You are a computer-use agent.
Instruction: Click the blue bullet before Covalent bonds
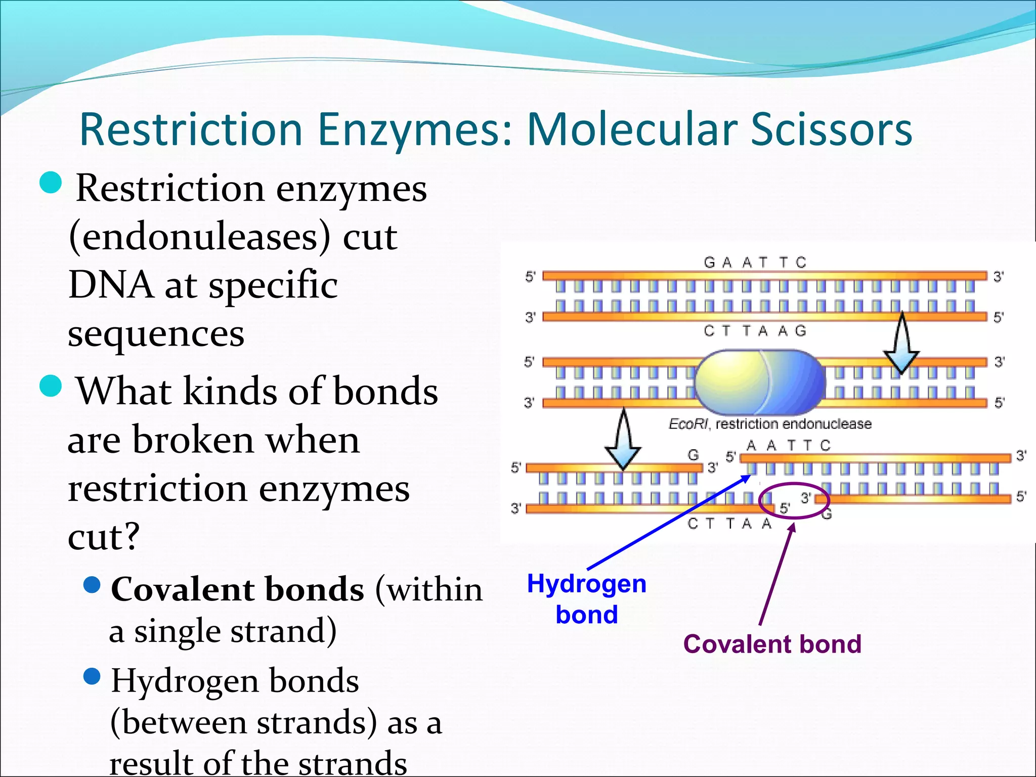point(92,585)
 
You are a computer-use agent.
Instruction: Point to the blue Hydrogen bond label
point(587,599)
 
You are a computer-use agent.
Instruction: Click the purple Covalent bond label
point(772,644)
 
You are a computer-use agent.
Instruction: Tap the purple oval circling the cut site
point(794,500)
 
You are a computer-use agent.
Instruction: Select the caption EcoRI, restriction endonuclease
point(770,424)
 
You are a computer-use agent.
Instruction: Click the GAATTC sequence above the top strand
point(755,263)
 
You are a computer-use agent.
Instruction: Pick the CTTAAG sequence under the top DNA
point(755,331)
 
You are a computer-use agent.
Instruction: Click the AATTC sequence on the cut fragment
point(788,446)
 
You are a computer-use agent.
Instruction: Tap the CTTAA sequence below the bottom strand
point(729,524)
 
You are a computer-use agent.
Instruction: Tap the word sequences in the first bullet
point(156,334)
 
